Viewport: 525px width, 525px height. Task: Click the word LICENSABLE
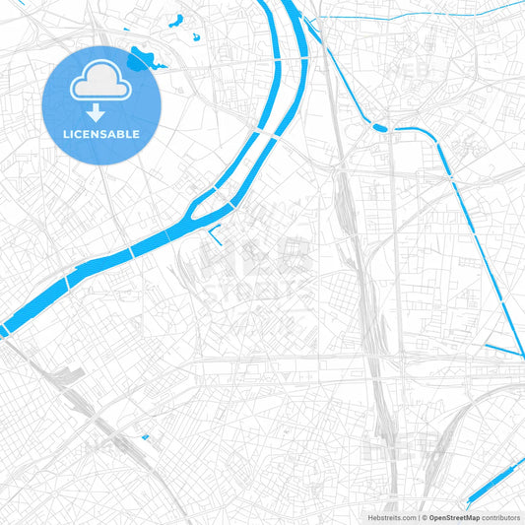101,133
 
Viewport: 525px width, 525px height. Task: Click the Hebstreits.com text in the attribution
392,516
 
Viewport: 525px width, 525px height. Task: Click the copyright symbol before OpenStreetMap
425,516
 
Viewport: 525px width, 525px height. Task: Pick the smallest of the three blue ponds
196,37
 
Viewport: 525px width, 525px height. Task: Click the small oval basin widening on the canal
379,126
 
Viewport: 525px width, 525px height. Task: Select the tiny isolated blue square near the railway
145,437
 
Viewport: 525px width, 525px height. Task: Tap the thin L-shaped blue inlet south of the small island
216,233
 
